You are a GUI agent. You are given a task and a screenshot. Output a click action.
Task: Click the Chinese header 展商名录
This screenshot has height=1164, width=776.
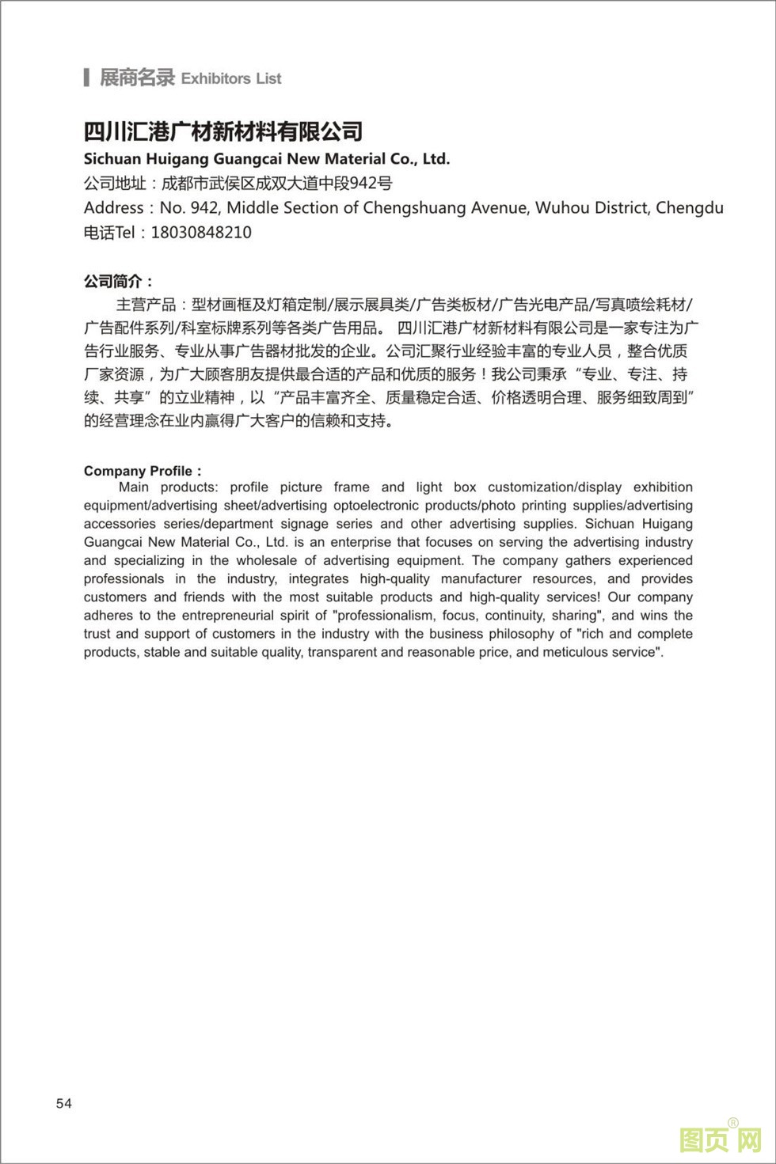click(136, 78)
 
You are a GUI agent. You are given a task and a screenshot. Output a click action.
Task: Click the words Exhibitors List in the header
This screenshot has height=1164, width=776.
click(231, 78)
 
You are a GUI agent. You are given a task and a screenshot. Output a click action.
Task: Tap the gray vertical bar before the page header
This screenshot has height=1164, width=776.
click(86, 78)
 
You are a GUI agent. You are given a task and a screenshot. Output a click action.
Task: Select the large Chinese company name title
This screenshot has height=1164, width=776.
click(223, 131)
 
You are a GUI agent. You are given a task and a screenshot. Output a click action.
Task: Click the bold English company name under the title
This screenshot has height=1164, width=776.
click(267, 158)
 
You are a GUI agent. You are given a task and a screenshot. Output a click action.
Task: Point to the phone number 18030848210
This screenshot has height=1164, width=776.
click(201, 233)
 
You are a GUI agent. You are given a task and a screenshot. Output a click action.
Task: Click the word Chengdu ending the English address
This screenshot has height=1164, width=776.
click(690, 208)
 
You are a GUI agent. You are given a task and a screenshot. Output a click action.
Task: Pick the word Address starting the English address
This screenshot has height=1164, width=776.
click(114, 208)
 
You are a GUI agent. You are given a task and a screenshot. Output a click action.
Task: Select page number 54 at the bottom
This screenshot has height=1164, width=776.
click(64, 1103)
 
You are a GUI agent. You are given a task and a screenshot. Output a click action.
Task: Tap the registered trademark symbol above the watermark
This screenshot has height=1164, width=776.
click(733, 1122)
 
